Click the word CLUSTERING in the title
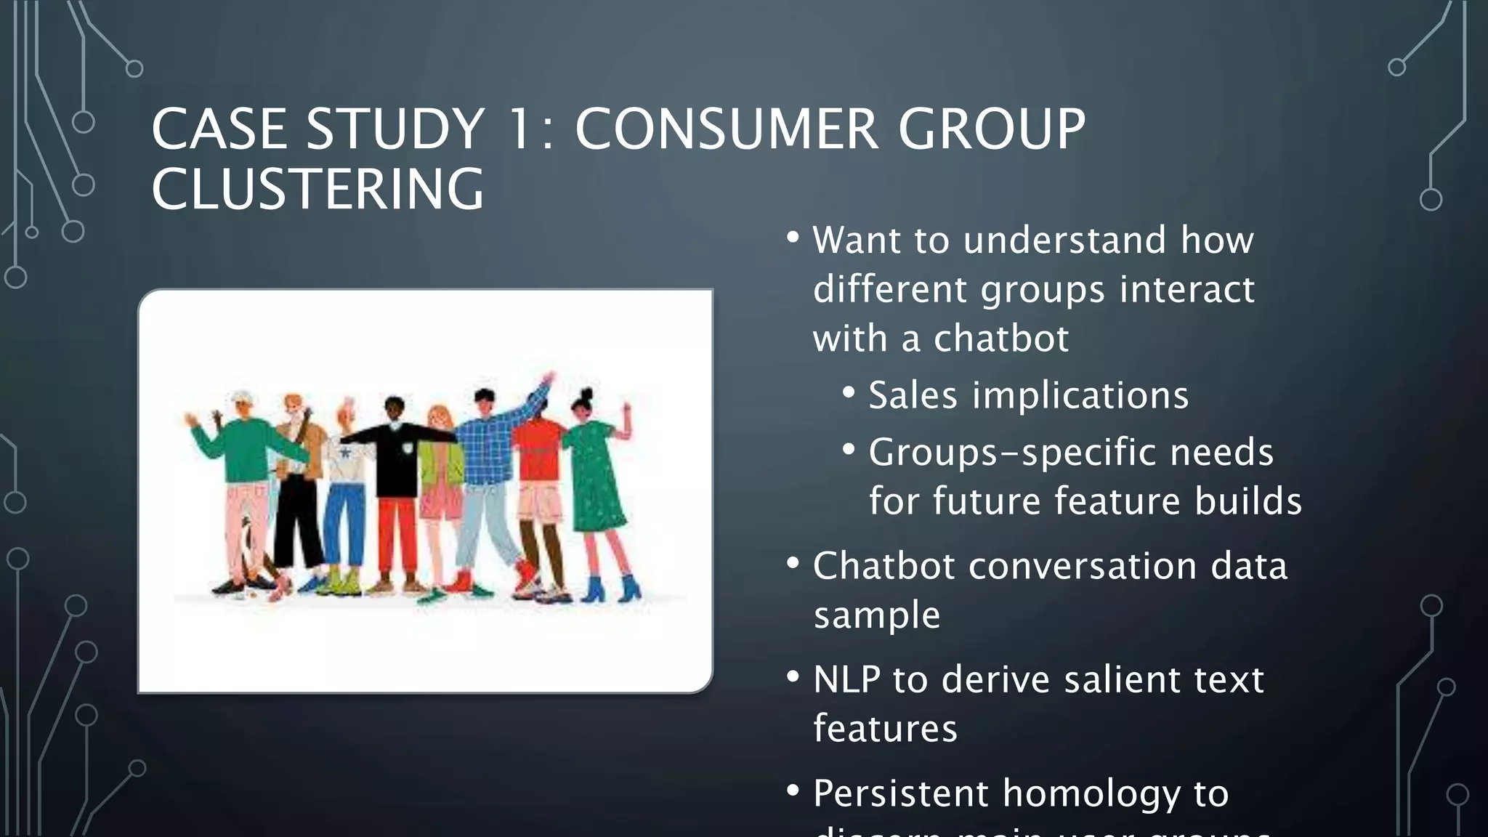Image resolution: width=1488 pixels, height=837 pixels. click(318, 189)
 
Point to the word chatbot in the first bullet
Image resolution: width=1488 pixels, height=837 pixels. click(1000, 339)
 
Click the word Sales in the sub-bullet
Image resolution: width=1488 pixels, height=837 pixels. click(913, 395)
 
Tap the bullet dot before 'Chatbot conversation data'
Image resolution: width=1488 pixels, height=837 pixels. click(793, 563)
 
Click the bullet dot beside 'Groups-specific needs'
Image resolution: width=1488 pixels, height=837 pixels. click(849, 449)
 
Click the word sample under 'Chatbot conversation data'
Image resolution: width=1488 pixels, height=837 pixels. click(876, 615)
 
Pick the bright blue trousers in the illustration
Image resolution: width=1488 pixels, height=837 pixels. click(344, 523)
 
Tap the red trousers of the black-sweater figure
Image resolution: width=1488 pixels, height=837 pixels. click(397, 538)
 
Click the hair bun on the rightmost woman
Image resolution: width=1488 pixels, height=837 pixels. click(587, 394)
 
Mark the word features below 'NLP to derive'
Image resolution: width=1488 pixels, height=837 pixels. click(885, 729)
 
